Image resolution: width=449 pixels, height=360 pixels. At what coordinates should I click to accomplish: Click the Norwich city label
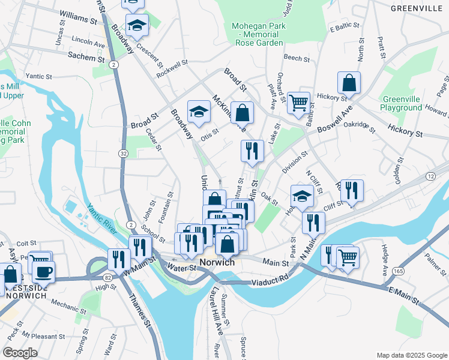[217, 263]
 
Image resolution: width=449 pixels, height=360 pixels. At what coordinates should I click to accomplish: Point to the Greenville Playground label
[401, 103]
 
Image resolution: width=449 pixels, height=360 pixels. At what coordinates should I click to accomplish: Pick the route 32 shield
[123, 154]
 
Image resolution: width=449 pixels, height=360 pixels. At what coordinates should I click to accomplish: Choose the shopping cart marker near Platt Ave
[298, 102]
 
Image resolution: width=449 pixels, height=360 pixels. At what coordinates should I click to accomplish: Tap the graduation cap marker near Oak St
[302, 195]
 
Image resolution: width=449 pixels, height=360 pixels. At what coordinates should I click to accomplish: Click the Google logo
[20, 353]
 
